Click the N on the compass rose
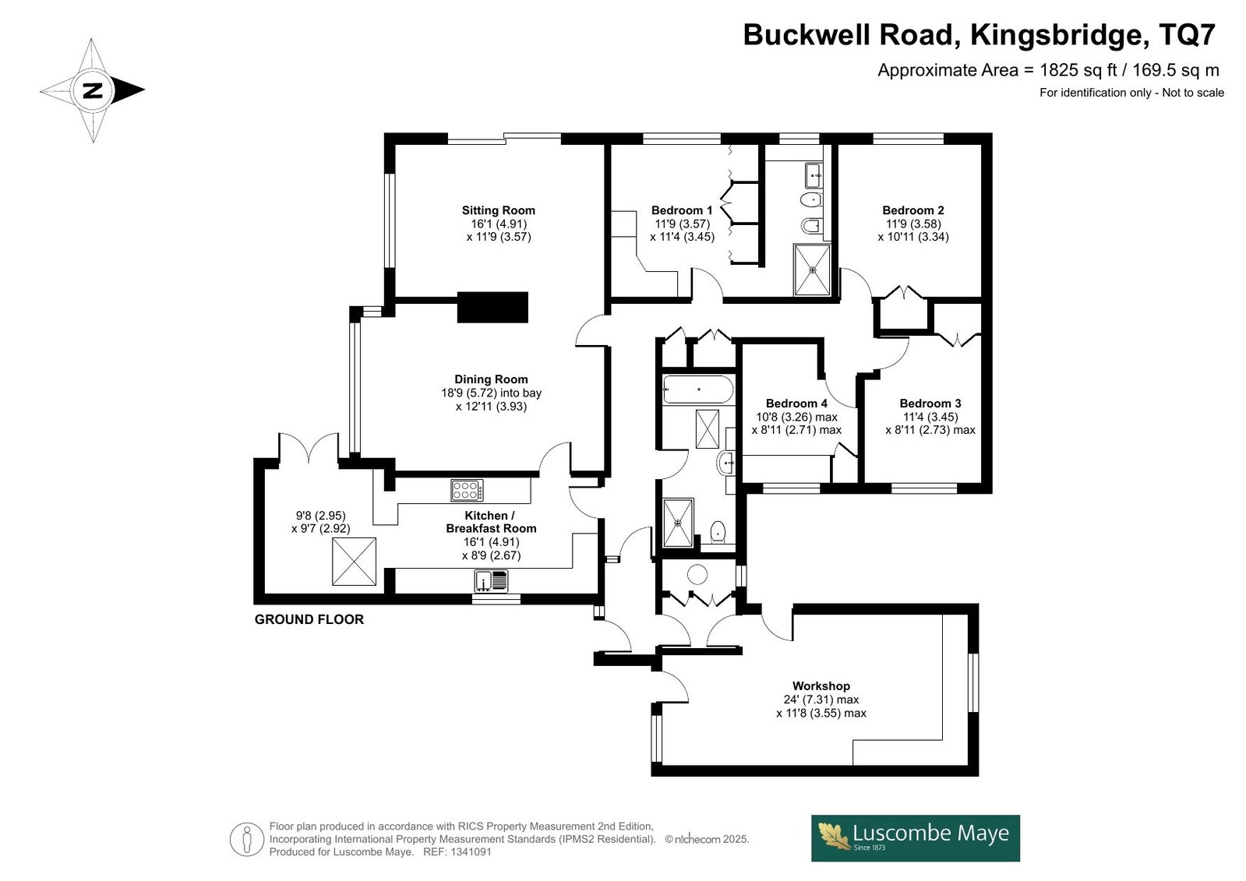click(93, 90)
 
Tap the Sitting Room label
click(499, 210)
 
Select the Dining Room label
click(491, 379)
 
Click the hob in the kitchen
click(468, 491)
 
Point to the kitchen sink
click(491, 580)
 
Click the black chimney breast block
click(492, 307)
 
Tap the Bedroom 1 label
click(682, 210)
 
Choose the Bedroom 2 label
click(913, 210)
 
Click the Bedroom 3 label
click(930, 403)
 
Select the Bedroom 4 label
click(796, 403)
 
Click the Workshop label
click(821, 685)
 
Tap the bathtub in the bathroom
click(698, 389)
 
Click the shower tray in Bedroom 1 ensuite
click(813, 270)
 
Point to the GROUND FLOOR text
click(309, 619)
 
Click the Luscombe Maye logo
click(916, 838)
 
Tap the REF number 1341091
click(471, 851)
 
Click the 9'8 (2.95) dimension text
click(321, 516)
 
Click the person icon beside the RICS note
click(246, 839)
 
